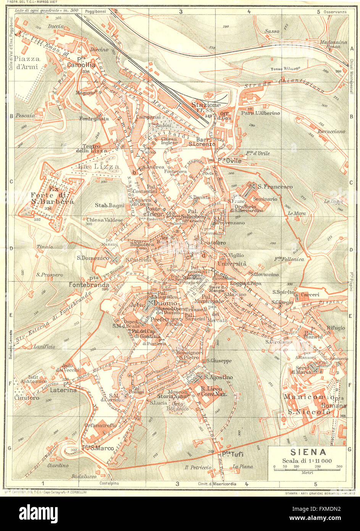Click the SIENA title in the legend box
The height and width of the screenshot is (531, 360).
click(x=308, y=452)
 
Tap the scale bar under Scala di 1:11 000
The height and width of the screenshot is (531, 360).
click(x=308, y=468)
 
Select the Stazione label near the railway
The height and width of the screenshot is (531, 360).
click(x=206, y=105)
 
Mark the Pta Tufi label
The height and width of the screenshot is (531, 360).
click(x=232, y=454)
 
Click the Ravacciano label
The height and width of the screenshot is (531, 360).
click(x=330, y=131)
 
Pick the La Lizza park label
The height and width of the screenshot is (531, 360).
click(x=93, y=167)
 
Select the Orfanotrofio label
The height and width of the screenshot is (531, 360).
click(x=101, y=424)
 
